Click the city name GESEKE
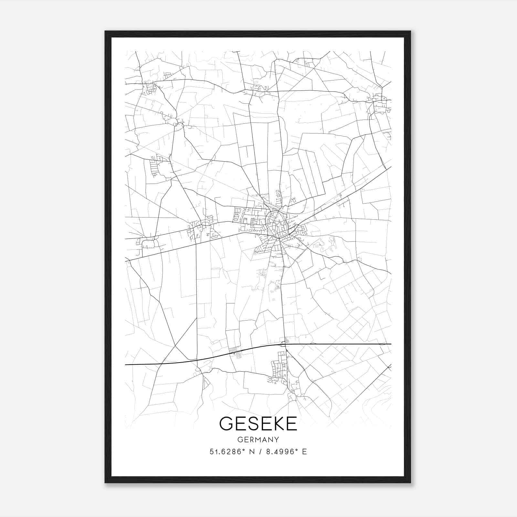(258, 424)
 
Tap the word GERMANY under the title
(258, 440)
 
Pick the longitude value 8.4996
(280, 452)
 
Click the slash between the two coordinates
(260, 452)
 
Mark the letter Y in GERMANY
(277, 440)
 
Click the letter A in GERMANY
(263, 440)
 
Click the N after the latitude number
(252, 452)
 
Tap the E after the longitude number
(304, 452)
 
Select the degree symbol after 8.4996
(296, 450)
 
